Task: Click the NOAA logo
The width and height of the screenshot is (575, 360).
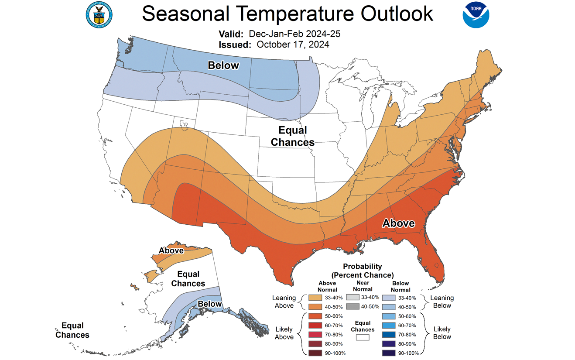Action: click(476, 15)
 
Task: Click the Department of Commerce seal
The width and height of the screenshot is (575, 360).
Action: click(99, 15)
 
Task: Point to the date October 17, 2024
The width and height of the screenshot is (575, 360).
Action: click(293, 44)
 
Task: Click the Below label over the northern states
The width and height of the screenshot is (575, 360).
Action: click(223, 65)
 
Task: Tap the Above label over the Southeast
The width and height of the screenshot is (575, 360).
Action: click(398, 223)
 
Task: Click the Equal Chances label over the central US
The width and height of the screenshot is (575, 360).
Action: click(293, 136)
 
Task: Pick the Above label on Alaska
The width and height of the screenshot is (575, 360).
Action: click(171, 250)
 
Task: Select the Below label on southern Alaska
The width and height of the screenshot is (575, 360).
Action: click(210, 304)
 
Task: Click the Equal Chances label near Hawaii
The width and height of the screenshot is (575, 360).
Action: click(72, 330)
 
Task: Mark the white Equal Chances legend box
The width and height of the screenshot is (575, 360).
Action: click(363, 337)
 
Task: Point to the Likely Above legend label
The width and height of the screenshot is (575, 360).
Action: click(284, 333)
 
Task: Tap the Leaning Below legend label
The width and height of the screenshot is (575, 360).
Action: click(442, 302)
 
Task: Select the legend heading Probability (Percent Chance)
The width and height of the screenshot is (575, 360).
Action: click(362, 271)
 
